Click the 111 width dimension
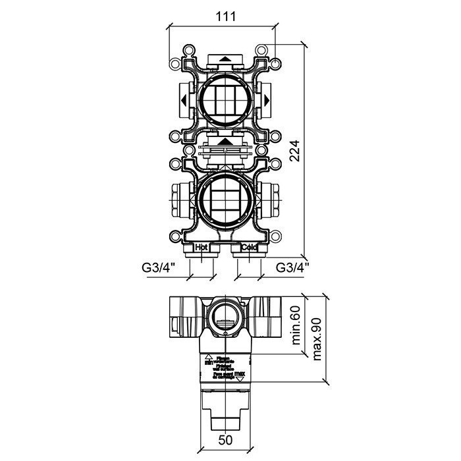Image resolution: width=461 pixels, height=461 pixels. click(225, 16)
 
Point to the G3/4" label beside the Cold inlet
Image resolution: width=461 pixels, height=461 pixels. click(293, 268)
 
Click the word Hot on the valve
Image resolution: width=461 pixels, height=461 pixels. click(202, 248)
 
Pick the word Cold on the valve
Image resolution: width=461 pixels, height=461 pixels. click(249, 248)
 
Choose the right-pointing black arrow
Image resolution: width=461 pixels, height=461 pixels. click(267, 101)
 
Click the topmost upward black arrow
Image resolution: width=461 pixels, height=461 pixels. click(225, 59)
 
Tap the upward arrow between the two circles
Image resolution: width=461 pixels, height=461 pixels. click(225, 140)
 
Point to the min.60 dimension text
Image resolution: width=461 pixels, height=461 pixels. click(296, 326)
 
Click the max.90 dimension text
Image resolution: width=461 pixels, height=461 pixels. click(317, 337)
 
